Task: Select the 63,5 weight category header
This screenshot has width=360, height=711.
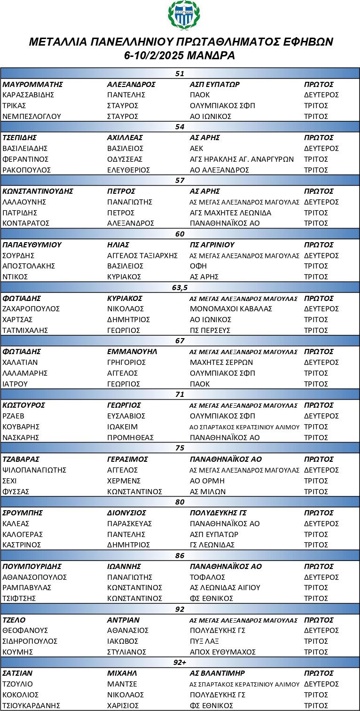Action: pos(180,287)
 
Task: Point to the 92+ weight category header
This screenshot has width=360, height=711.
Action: pos(180,662)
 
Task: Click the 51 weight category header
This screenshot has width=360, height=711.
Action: pos(180,73)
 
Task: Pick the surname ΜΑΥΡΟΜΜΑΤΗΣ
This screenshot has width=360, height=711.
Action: pos(33,84)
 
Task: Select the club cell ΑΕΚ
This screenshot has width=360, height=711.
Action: pos(196,148)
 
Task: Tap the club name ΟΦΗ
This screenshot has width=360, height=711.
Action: pos(198,266)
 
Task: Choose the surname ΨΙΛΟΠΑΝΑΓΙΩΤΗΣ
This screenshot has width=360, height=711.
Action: pos(34,470)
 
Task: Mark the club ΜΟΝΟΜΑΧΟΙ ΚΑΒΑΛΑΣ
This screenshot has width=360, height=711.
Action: pos(231,309)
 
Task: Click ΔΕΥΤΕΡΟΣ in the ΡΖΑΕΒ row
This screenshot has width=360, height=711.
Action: pos(321,416)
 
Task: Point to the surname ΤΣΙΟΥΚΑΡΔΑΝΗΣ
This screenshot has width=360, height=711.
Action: pos(34,705)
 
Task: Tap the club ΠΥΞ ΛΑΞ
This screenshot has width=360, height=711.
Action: pos(205,641)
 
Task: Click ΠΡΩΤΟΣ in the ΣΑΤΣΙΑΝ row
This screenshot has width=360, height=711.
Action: pos(319,673)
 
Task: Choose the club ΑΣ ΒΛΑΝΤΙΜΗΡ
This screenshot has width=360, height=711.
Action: pos(217,673)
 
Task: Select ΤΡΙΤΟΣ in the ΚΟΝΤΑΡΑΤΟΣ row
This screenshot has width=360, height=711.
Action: pos(316,223)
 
